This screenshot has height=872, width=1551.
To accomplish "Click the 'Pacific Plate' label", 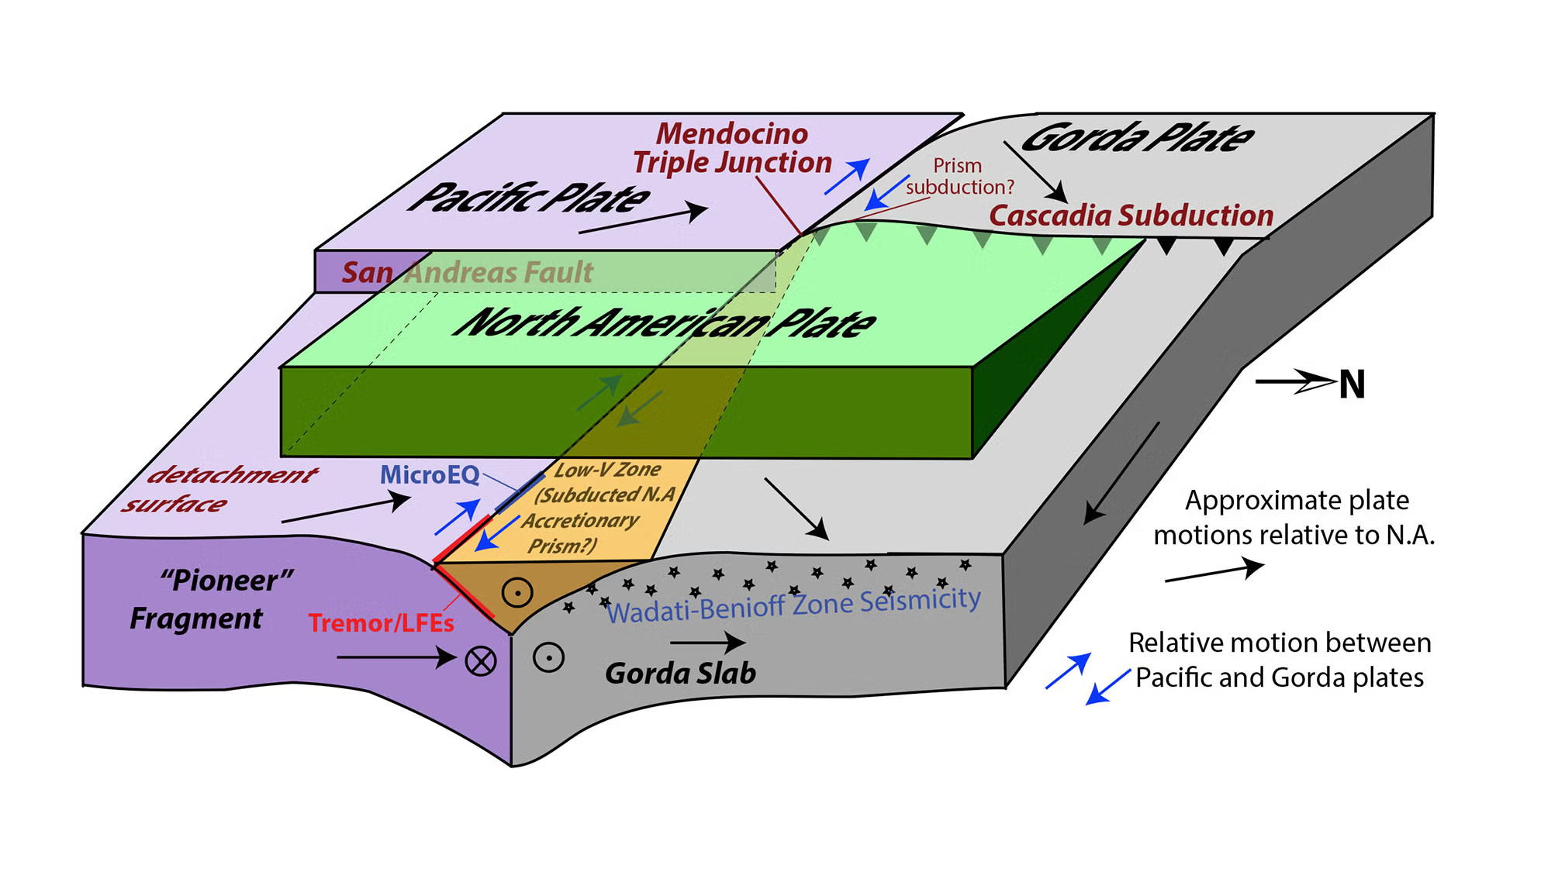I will (x=530, y=198).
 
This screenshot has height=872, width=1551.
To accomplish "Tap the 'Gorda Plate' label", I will (x=1137, y=138).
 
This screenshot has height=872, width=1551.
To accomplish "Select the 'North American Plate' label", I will (x=665, y=322).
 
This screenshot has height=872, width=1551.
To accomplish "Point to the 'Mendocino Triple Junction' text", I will (x=732, y=148).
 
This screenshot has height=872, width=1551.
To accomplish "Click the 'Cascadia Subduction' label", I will (x=1131, y=215).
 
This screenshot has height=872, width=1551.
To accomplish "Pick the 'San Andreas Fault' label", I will (x=467, y=272).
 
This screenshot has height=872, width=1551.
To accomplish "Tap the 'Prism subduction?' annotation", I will (x=959, y=177).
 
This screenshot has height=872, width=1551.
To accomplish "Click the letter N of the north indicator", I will (x=1352, y=384).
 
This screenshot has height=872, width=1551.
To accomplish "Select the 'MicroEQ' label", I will (x=430, y=474).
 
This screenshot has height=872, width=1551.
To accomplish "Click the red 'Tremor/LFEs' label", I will (x=381, y=623).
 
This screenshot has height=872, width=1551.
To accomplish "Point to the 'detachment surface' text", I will (x=221, y=489).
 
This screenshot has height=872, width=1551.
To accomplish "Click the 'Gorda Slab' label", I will (x=680, y=673).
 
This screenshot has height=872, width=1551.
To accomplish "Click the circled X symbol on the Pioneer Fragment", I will (x=481, y=661).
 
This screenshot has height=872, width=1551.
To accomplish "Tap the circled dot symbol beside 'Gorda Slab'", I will (x=548, y=658).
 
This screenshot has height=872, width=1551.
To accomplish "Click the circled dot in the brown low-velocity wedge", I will (x=517, y=593).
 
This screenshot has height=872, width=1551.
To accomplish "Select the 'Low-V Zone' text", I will (x=607, y=470).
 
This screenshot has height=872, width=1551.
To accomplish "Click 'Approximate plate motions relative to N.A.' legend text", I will (x=1294, y=518).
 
